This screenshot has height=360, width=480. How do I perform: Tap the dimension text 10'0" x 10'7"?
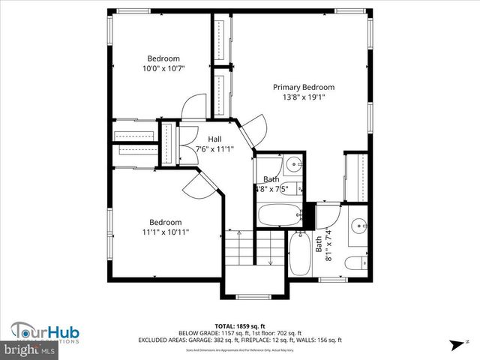pos(163,69)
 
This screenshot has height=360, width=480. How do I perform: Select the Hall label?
pos(214,139)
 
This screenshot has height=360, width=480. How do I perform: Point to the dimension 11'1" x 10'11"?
pos(165,232)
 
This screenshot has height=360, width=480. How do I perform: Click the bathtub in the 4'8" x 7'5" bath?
pos(280,216)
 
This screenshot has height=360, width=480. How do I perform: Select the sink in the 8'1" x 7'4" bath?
pos(358,224)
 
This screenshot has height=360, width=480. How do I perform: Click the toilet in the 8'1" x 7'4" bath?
pos(356,263)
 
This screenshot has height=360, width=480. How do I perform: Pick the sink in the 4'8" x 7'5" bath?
pos(295,163)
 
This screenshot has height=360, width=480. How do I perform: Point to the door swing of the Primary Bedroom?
pos(254,127)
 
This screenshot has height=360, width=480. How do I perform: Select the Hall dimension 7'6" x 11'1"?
pos(214,149)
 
